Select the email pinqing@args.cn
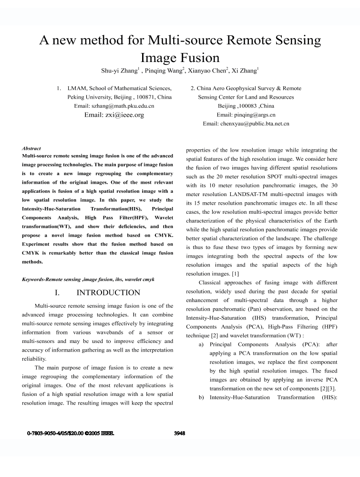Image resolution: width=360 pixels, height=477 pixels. [246, 115]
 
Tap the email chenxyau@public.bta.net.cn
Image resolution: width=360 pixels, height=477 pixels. [246, 124]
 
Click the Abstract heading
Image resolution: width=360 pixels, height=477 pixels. [31, 149]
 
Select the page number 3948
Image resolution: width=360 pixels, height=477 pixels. [180, 434]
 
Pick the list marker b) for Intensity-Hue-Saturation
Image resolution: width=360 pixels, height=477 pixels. [201, 397]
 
